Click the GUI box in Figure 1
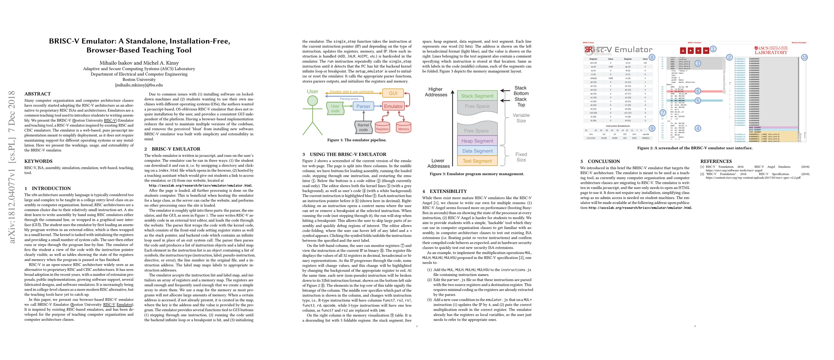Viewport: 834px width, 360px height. [x=393, y=93]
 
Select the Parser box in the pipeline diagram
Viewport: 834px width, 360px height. [x=363, y=106]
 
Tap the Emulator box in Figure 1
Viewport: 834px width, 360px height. [x=393, y=106]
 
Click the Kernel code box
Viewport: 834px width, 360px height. [x=363, y=127]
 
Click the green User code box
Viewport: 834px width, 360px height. [x=335, y=109]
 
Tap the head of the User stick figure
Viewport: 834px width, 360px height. [x=312, y=101]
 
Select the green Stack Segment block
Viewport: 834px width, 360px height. [x=477, y=96]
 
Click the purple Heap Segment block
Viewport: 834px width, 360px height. [x=477, y=141]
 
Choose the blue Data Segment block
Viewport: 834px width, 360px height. [x=477, y=151]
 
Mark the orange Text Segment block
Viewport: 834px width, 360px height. [x=477, y=161]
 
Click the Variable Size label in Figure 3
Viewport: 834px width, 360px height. [x=521, y=118]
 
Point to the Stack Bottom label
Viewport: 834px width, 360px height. [x=521, y=91]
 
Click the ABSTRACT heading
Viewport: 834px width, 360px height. [x=37, y=94]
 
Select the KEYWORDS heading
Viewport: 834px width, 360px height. [x=38, y=161]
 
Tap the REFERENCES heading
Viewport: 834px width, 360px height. [x=716, y=161]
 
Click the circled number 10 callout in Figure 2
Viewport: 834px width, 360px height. [x=804, y=57]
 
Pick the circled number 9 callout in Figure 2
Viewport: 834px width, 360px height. [x=652, y=128]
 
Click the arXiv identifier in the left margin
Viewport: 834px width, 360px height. [x=12, y=167]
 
